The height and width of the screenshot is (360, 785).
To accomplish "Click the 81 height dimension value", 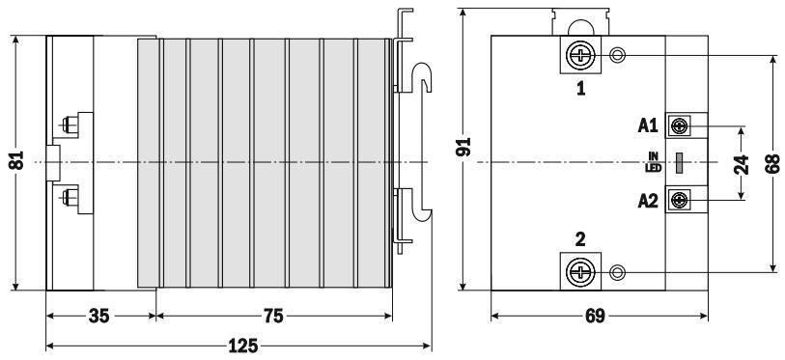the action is tap(17, 160).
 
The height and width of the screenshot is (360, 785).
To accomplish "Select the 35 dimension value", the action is tap(99, 316).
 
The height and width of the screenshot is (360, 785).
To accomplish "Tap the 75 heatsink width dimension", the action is tap(273, 316).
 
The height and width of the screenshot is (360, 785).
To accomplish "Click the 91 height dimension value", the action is tap(465, 146).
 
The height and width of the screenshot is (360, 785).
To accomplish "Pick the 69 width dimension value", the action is tap(595, 316).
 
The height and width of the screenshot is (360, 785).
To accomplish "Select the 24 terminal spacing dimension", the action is tap(742, 164).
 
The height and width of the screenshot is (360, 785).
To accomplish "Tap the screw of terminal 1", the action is tap(580, 55).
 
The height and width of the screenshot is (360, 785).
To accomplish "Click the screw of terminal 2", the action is tap(580, 272).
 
